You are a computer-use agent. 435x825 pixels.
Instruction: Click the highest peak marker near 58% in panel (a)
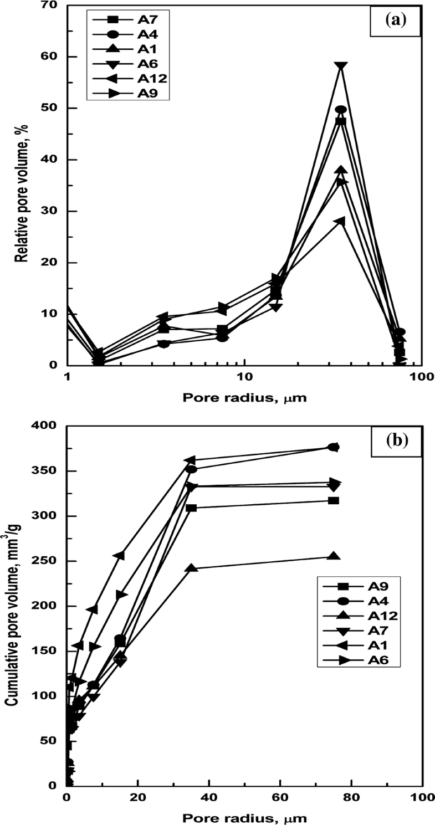[341, 66]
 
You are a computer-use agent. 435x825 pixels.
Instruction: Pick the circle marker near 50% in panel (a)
[341, 110]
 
